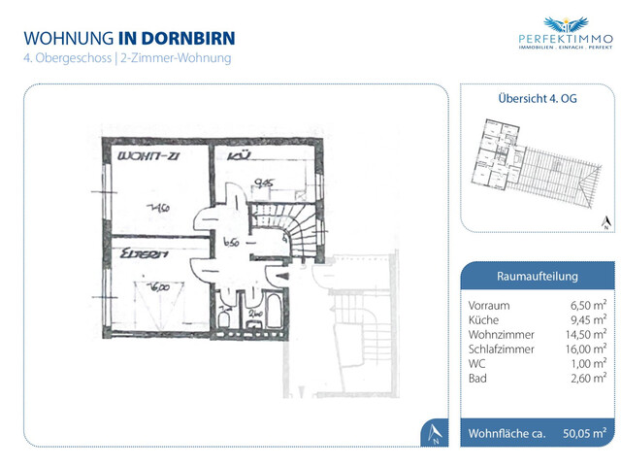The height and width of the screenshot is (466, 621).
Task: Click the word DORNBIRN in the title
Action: point(189,38)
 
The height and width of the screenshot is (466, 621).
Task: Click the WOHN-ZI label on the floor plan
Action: point(145,156)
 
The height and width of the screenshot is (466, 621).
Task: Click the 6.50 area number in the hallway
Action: point(230,243)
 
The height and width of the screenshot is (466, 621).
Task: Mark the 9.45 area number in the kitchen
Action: point(261,181)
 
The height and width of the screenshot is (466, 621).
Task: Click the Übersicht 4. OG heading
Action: point(537,99)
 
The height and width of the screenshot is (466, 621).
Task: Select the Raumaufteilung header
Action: point(537,276)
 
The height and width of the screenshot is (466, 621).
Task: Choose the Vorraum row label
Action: point(488,305)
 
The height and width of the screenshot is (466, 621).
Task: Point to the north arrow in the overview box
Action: point(604,223)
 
